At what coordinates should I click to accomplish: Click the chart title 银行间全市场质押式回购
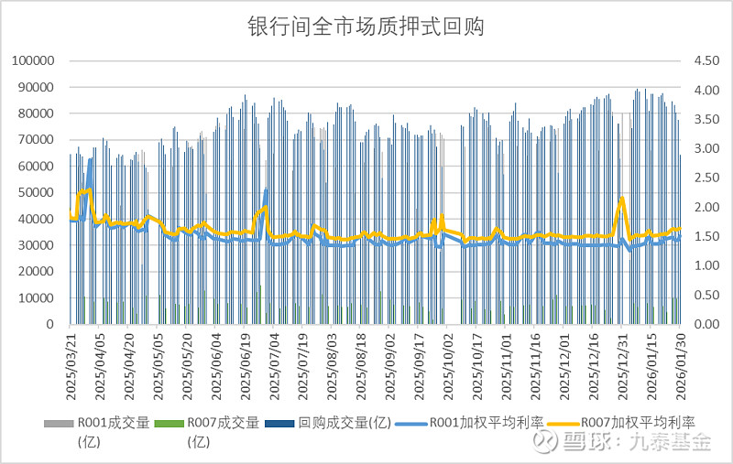pos(366,27)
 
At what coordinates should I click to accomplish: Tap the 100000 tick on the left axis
pos(35,61)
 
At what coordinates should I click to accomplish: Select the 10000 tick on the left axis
pos(38,298)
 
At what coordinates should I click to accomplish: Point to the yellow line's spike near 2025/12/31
pos(623,198)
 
